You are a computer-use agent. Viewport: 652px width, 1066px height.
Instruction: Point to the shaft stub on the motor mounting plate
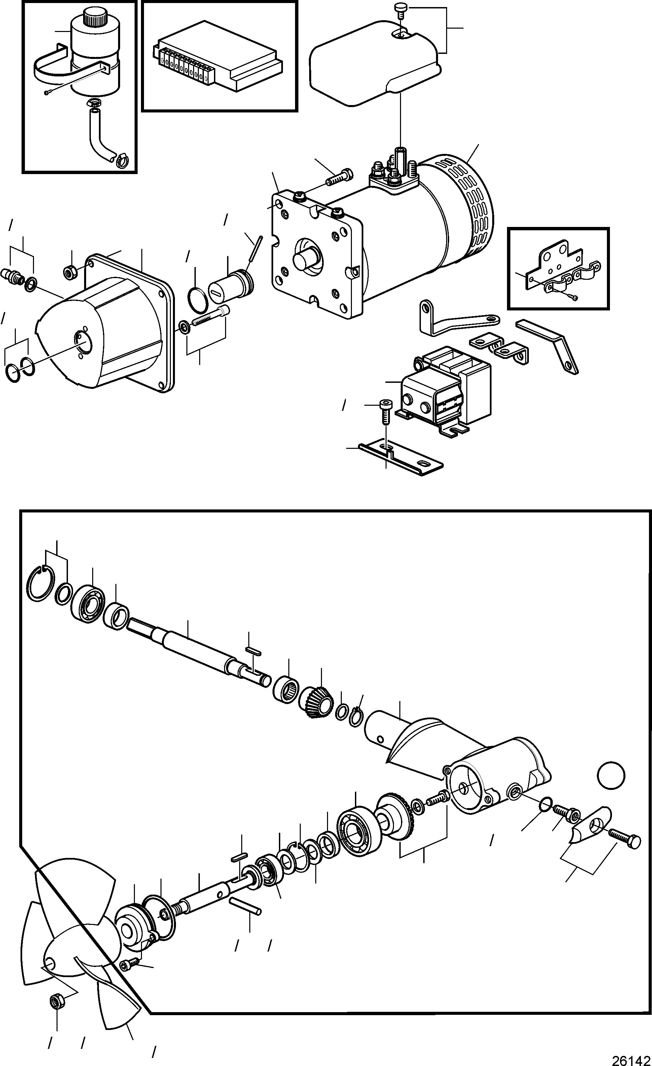pyautogui.click(x=306, y=259)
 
